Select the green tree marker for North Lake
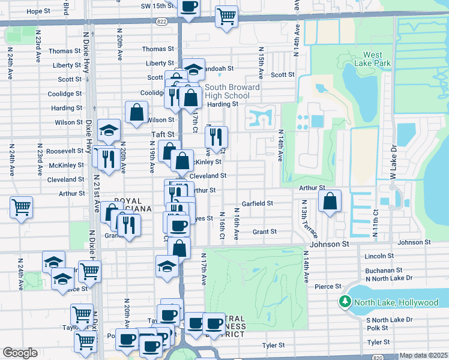click(345, 302)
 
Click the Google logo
click(20, 353)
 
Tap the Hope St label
click(38, 11)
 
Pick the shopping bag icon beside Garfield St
click(330, 202)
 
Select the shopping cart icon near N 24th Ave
click(22, 208)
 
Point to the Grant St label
click(264, 232)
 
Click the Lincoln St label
click(378, 256)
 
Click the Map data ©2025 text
click(423, 355)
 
